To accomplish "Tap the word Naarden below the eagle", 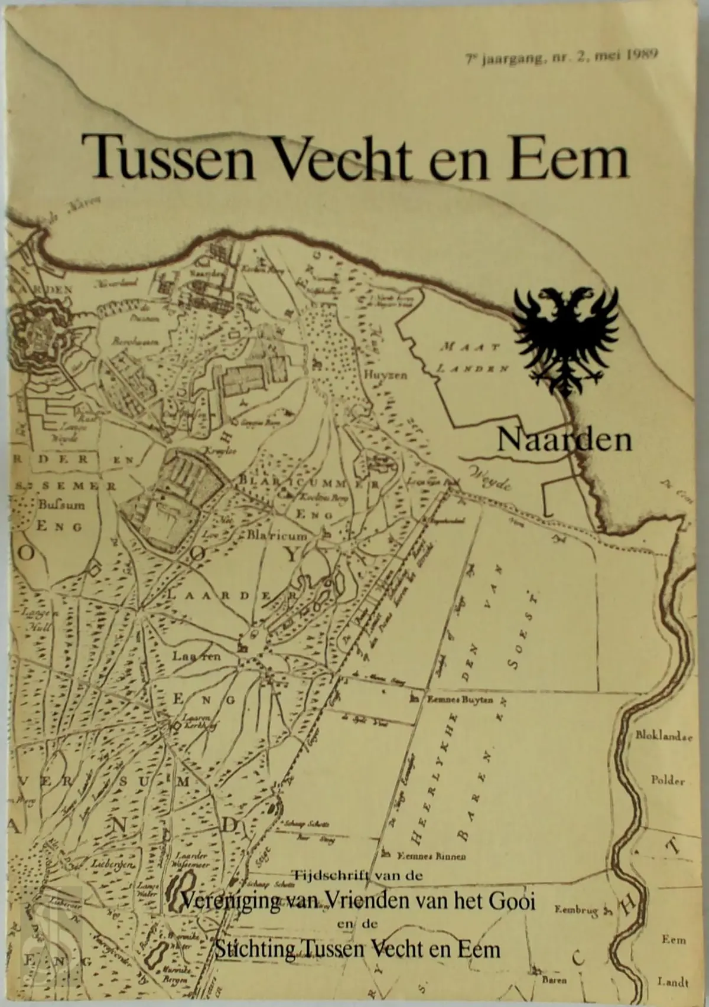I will pyautogui.click(x=564, y=439).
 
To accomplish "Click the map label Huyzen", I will pyautogui.click(x=385, y=374).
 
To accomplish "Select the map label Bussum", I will pyautogui.click(x=61, y=505).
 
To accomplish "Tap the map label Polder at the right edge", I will pyautogui.click(x=668, y=780).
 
